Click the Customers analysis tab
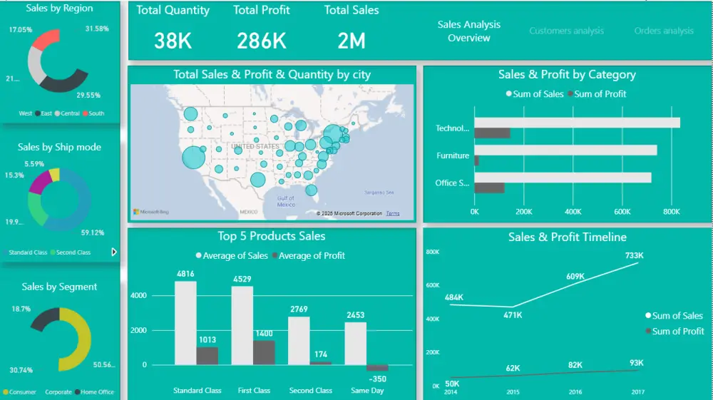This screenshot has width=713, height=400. coord(566,31)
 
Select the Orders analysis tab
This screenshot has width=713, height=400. coord(663,31)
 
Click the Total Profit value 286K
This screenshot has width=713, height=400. coord(262,41)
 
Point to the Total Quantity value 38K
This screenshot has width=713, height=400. coord(173,41)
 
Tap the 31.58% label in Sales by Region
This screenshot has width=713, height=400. coord(96,29)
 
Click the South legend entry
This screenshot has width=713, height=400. coord(96,113)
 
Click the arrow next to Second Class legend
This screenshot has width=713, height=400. coord(113,252)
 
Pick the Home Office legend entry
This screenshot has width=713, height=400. coord(98,392)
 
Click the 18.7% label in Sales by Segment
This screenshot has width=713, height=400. coord(21,309)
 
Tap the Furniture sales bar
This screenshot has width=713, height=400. coord(565,150)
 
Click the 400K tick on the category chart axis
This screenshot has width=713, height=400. coord(573,212)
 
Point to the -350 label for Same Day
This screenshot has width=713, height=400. coord(378,379)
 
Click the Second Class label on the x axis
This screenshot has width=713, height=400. coord(310,391)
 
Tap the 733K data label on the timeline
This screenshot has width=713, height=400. coord(635,255)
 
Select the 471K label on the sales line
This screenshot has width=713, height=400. coord(513,314)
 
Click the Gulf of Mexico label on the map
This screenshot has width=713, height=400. coord(286,201)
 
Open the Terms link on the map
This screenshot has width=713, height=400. coord(393,214)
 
